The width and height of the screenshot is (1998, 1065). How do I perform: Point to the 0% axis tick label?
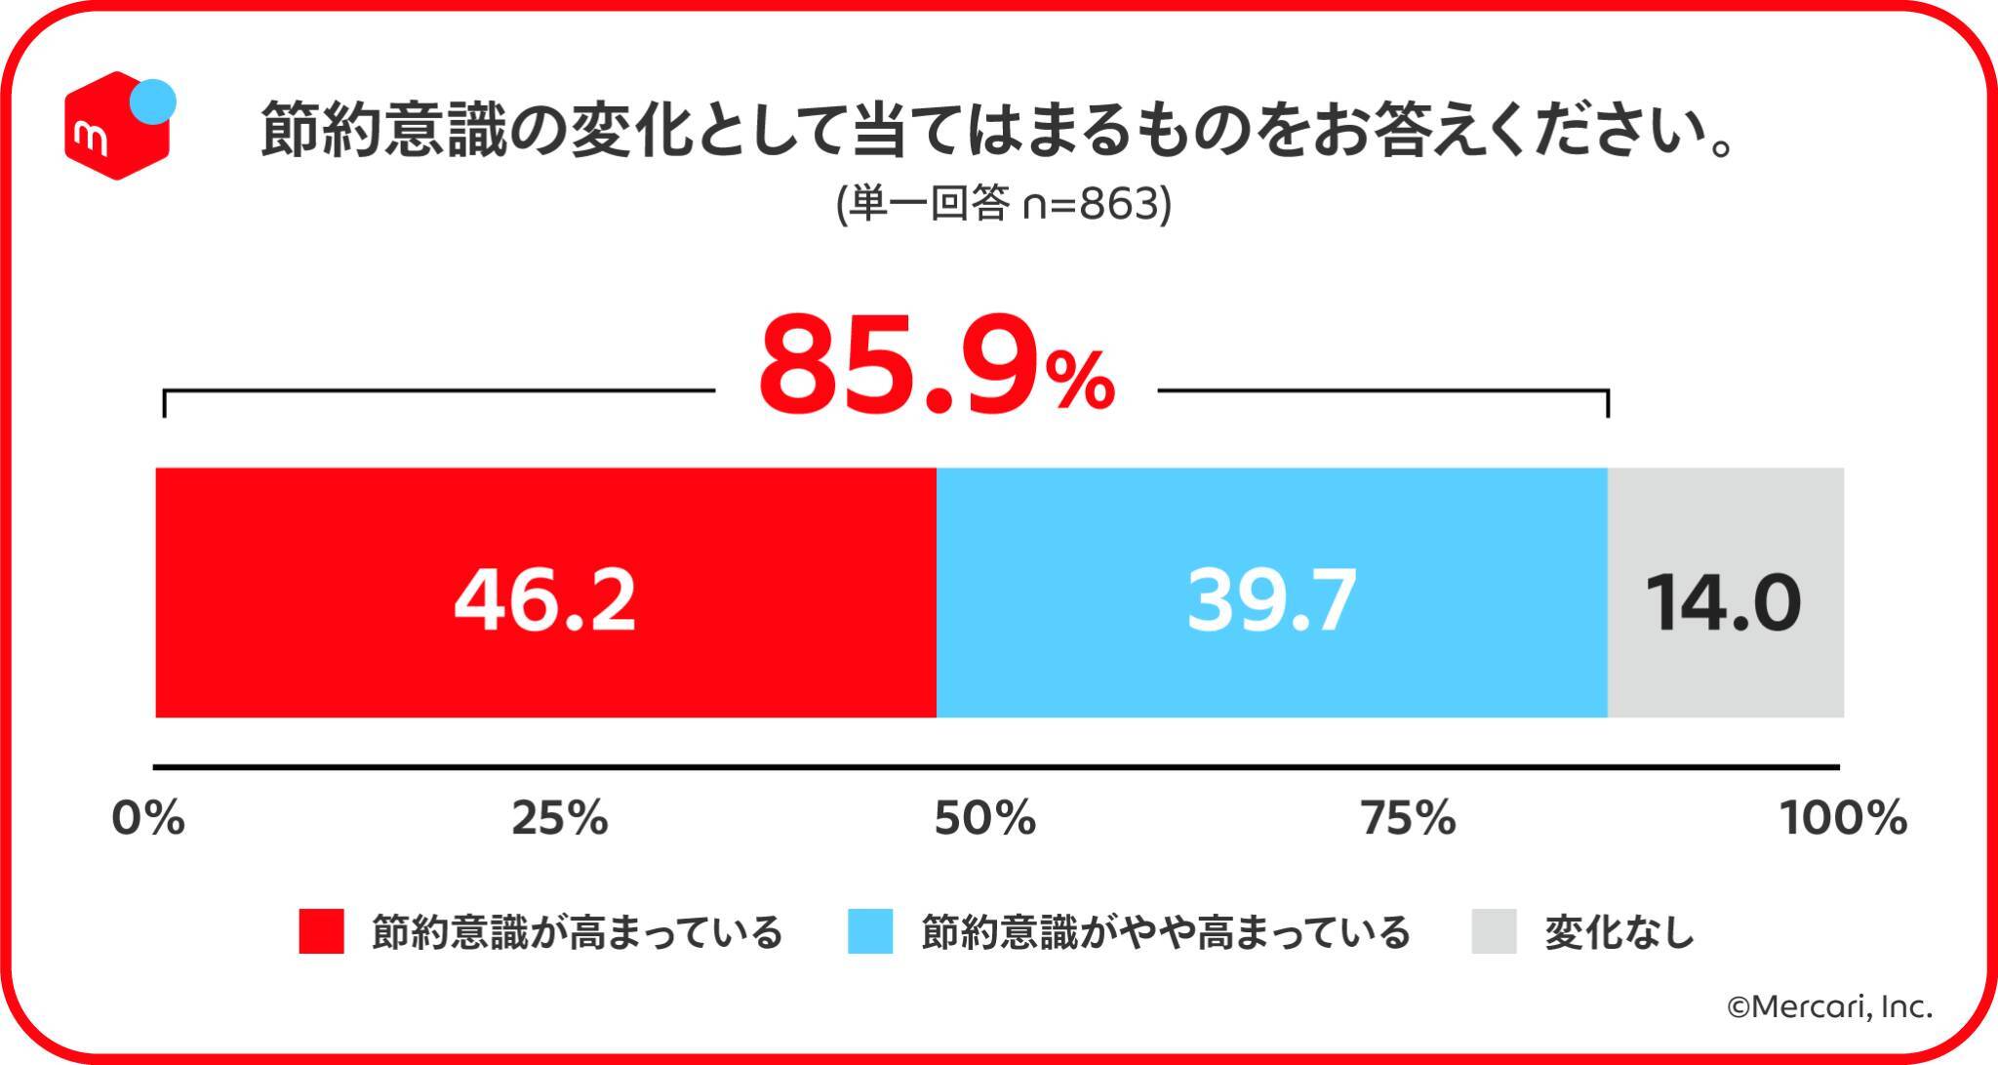point(148,818)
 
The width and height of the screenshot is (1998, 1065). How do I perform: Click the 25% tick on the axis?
point(560,818)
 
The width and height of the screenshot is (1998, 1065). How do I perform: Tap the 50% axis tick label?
point(984,818)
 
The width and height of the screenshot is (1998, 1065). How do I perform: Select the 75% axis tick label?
point(1408,818)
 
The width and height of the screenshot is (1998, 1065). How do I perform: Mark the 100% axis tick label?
point(1843,818)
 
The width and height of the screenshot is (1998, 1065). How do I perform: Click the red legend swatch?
point(321,931)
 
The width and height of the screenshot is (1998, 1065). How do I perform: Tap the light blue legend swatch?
point(870,931)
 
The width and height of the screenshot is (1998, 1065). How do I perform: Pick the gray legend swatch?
point(1494,931)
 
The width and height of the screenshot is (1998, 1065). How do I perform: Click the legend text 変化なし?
point(1619,932)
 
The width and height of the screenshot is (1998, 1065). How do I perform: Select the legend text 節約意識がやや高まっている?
point(1166,932)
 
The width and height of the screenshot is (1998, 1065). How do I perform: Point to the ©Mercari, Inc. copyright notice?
point(1830,1007)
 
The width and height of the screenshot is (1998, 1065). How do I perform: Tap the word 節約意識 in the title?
point(384,132)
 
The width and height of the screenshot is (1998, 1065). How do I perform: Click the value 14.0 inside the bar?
point(1724,603)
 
